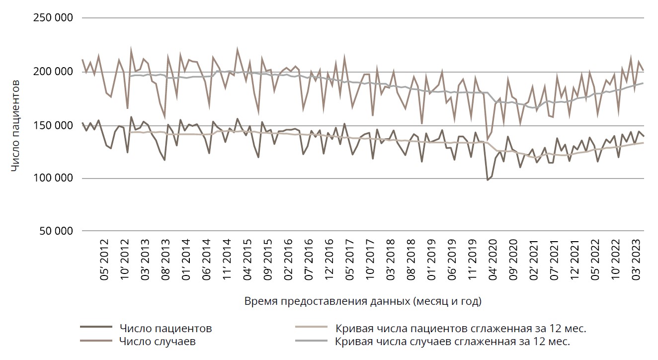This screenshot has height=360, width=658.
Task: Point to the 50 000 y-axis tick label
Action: [x=54, y=231]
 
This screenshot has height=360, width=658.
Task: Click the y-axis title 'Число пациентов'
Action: [x=16, y=125]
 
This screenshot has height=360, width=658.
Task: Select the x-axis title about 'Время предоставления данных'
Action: [x=363, y=301]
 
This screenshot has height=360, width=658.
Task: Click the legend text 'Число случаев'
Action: [x=158, y=341]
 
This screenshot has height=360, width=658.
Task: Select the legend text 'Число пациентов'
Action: [x=166, y=329]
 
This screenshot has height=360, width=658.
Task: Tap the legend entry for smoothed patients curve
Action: [x=461, y=329]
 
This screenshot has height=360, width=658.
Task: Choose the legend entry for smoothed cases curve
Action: [x=452, y=341]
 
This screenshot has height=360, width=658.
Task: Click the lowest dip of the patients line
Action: [x=488, y=180]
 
